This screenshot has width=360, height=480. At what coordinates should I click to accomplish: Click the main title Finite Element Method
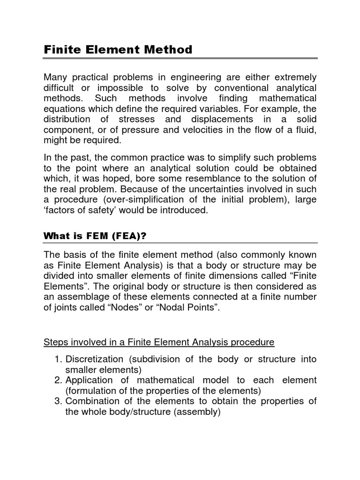click(118, 49)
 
